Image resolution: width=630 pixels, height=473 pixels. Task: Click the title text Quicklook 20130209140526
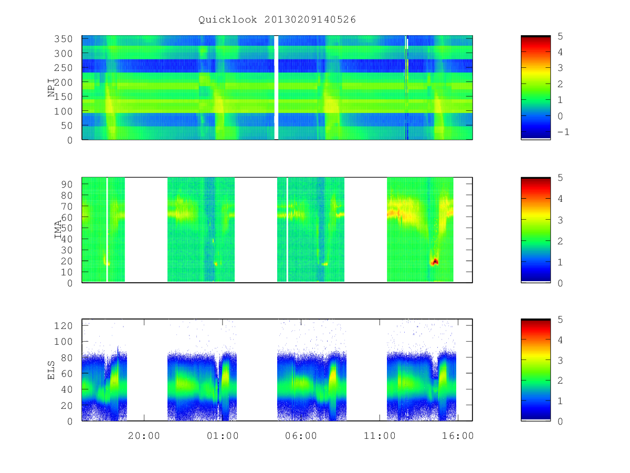tap(277, 19)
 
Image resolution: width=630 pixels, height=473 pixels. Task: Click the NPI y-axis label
tap(51, 88)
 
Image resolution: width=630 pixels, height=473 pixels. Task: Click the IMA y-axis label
tap(58, 229)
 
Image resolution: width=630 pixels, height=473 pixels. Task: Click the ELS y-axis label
tap(51, 370)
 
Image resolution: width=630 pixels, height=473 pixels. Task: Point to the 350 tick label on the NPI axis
tap(63, 39)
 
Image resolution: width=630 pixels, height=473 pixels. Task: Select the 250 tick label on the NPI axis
tap(63, 68)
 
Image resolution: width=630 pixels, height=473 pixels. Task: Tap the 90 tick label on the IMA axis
tap(67, 184)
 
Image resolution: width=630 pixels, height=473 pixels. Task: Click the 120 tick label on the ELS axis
tap(63, 326)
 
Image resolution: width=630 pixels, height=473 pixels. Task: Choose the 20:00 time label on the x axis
tap(144, 435)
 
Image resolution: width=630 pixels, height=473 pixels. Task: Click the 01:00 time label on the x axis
tap(223, 435)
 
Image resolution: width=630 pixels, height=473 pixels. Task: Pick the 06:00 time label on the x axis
tap(301, 435)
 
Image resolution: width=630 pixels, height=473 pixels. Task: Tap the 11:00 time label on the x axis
tap(380, 435)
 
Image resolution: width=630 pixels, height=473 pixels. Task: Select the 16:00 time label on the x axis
tap(458, 435)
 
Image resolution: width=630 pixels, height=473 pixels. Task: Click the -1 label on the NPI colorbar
tap(563, 132)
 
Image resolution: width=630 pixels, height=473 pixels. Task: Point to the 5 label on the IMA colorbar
tap(560, 178)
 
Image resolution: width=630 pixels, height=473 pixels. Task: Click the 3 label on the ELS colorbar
tap(560, 360)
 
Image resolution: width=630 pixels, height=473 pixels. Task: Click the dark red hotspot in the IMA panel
tap(435, 262)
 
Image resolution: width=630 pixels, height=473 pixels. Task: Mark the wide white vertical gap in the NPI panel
tap(276, 88)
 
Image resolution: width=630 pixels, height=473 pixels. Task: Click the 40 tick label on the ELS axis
tap(67, 389)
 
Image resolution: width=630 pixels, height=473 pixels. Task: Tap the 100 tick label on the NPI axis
tap(63, 111)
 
